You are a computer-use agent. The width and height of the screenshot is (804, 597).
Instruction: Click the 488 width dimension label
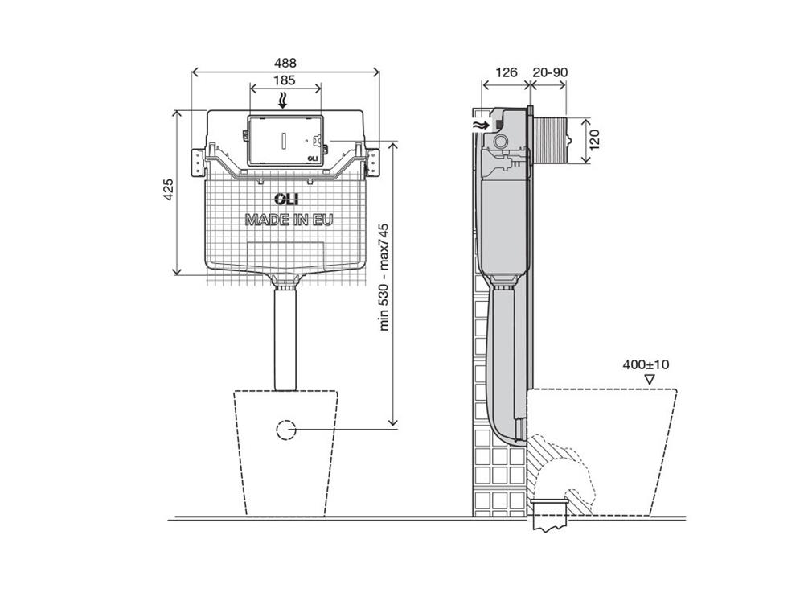(x=285, y=63)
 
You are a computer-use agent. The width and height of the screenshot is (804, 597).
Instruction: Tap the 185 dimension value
(x=284, y=80)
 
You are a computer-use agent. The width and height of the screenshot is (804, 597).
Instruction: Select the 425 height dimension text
(x=168, y=189)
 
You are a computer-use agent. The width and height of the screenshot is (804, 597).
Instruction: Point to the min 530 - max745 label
(x=384, y=278)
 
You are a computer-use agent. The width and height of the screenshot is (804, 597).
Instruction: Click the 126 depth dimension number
(x=507, y=72)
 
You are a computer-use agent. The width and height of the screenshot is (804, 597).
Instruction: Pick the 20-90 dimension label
(x=550, y=72)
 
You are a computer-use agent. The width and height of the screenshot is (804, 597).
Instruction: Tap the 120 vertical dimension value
(x=594, y=140)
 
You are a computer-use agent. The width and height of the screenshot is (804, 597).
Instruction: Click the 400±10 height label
(x=646, y=364)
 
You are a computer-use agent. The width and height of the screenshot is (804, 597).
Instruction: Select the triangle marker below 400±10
(x=650, y=380)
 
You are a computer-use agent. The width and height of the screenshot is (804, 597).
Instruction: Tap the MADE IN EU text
(x=289, y=220)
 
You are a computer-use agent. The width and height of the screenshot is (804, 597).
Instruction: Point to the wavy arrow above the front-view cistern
(x=282, y=100)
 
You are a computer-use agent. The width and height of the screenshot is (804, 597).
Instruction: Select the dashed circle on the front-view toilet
(x=285, y=430)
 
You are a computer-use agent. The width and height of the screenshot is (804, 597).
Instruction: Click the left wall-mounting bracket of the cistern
(x=198, y=163)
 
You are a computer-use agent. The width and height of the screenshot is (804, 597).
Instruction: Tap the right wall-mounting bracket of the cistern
(x=373, y=163)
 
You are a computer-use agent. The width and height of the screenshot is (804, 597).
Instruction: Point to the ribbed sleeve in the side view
(x=549, y=140)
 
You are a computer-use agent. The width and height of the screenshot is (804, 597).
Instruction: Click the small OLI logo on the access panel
(x=312, y=159)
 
